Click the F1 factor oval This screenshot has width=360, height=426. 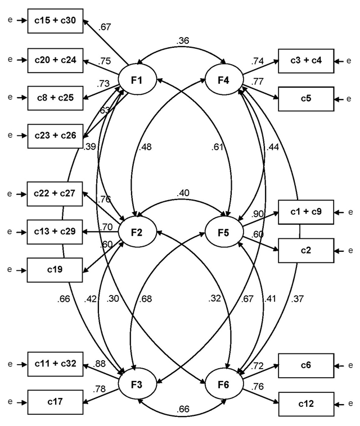coord(136,80)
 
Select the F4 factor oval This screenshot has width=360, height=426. coord(223,80)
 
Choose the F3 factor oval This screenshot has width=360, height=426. coord(136,387)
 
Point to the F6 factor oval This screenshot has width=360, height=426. coord(223,387)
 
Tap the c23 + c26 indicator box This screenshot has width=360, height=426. coord(56,135)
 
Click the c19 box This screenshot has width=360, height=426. coord(56,269)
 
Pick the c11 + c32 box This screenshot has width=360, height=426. coord(56,364)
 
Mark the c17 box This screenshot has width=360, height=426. coord(56,402)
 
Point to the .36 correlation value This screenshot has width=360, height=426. coord(181,40)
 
